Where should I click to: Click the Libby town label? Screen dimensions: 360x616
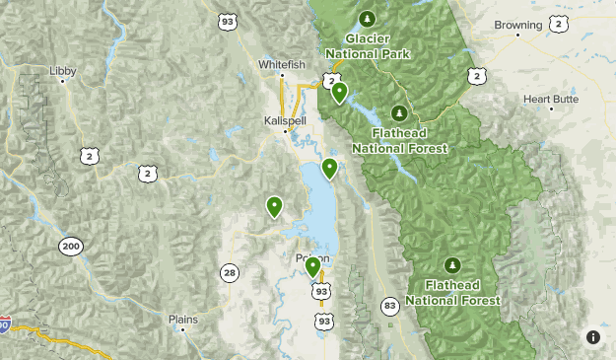[x=61, y=71]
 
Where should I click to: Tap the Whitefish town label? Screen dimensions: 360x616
[x=277, y=64]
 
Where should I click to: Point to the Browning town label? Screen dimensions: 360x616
[x=518, y=24]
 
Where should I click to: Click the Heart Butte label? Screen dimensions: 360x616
[x=551, y=99]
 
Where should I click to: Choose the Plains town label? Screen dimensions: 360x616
[x=183, y=319]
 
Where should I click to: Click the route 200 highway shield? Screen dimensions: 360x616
[x=69, y=247]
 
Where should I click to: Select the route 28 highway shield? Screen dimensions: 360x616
[x=229, y=272]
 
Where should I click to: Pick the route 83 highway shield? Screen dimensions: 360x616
[x=390, y=306]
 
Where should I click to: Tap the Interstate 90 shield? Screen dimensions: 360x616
[x=5, y=324]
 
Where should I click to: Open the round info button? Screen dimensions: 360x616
[x=592, y=337]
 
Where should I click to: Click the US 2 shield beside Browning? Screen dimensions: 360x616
[x=561, y=22]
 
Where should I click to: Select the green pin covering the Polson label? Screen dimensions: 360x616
[x=312, y=266]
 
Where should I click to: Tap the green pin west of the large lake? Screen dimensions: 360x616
[x=274, y=206]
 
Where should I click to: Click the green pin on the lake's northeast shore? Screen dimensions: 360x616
[x=330, y=168]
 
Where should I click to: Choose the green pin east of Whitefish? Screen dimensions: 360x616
[x=339, y=92]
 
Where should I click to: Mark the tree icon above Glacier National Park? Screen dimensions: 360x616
[x=368, y=18]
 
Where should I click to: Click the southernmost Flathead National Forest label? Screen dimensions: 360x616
[x=452, y=293]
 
